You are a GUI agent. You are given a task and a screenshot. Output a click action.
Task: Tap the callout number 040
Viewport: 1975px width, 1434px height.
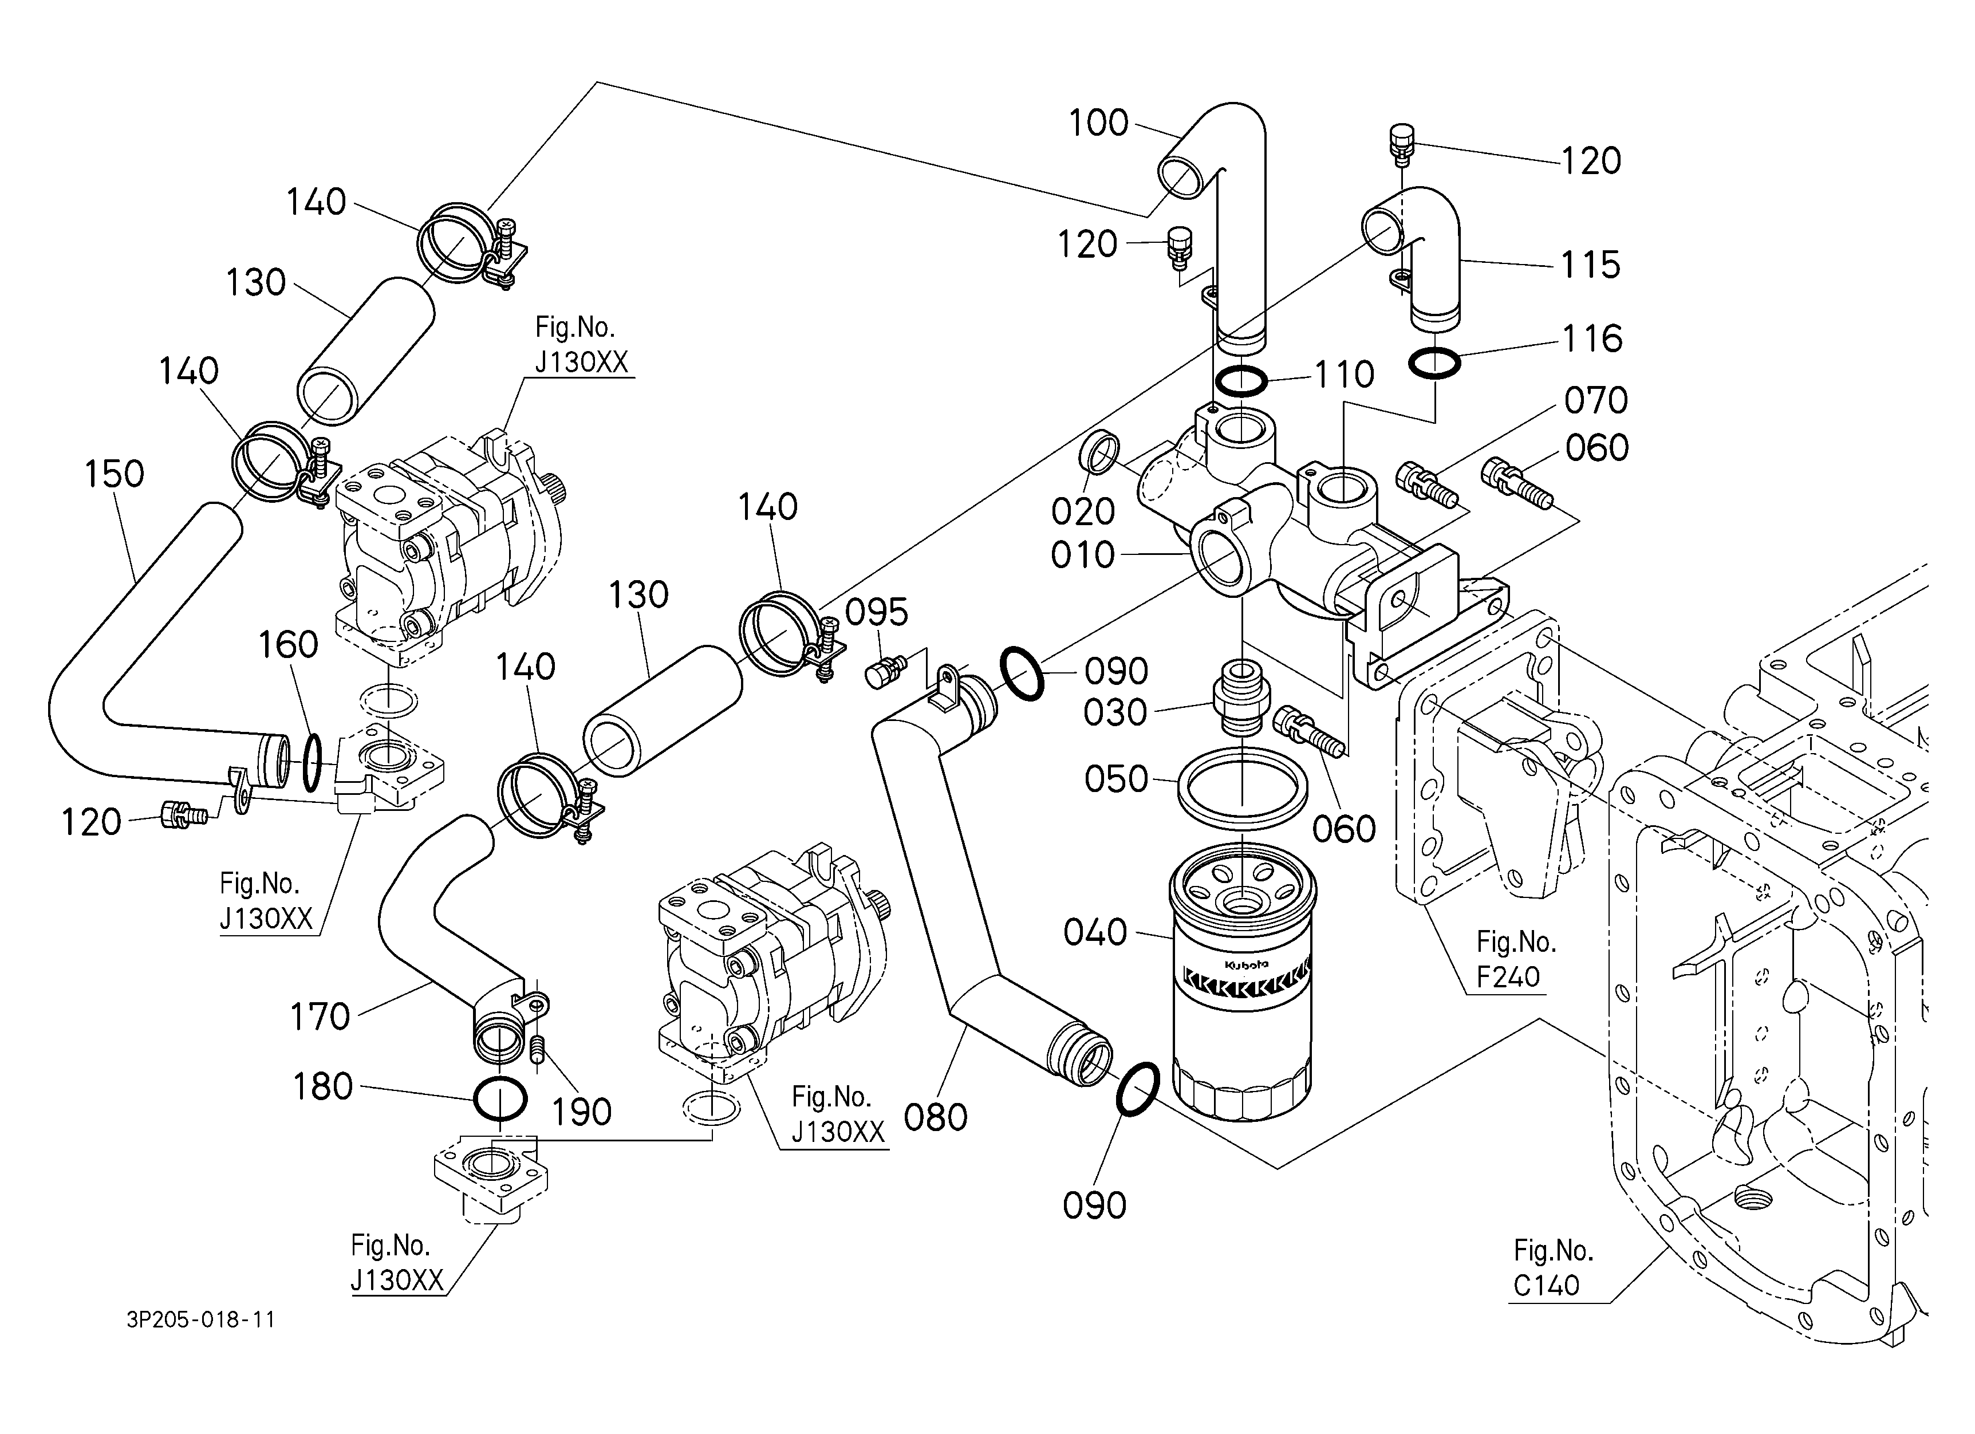click(1095, 932)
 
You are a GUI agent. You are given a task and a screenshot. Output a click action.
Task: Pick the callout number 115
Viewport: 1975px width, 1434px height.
click(1590, 265)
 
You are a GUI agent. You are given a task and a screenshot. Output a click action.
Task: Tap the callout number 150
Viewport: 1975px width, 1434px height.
click(114, 475)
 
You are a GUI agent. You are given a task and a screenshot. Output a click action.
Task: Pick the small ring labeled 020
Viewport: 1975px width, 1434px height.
click(1101, 452)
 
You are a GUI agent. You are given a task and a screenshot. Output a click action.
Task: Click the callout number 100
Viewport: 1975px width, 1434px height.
click(1098, 124)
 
